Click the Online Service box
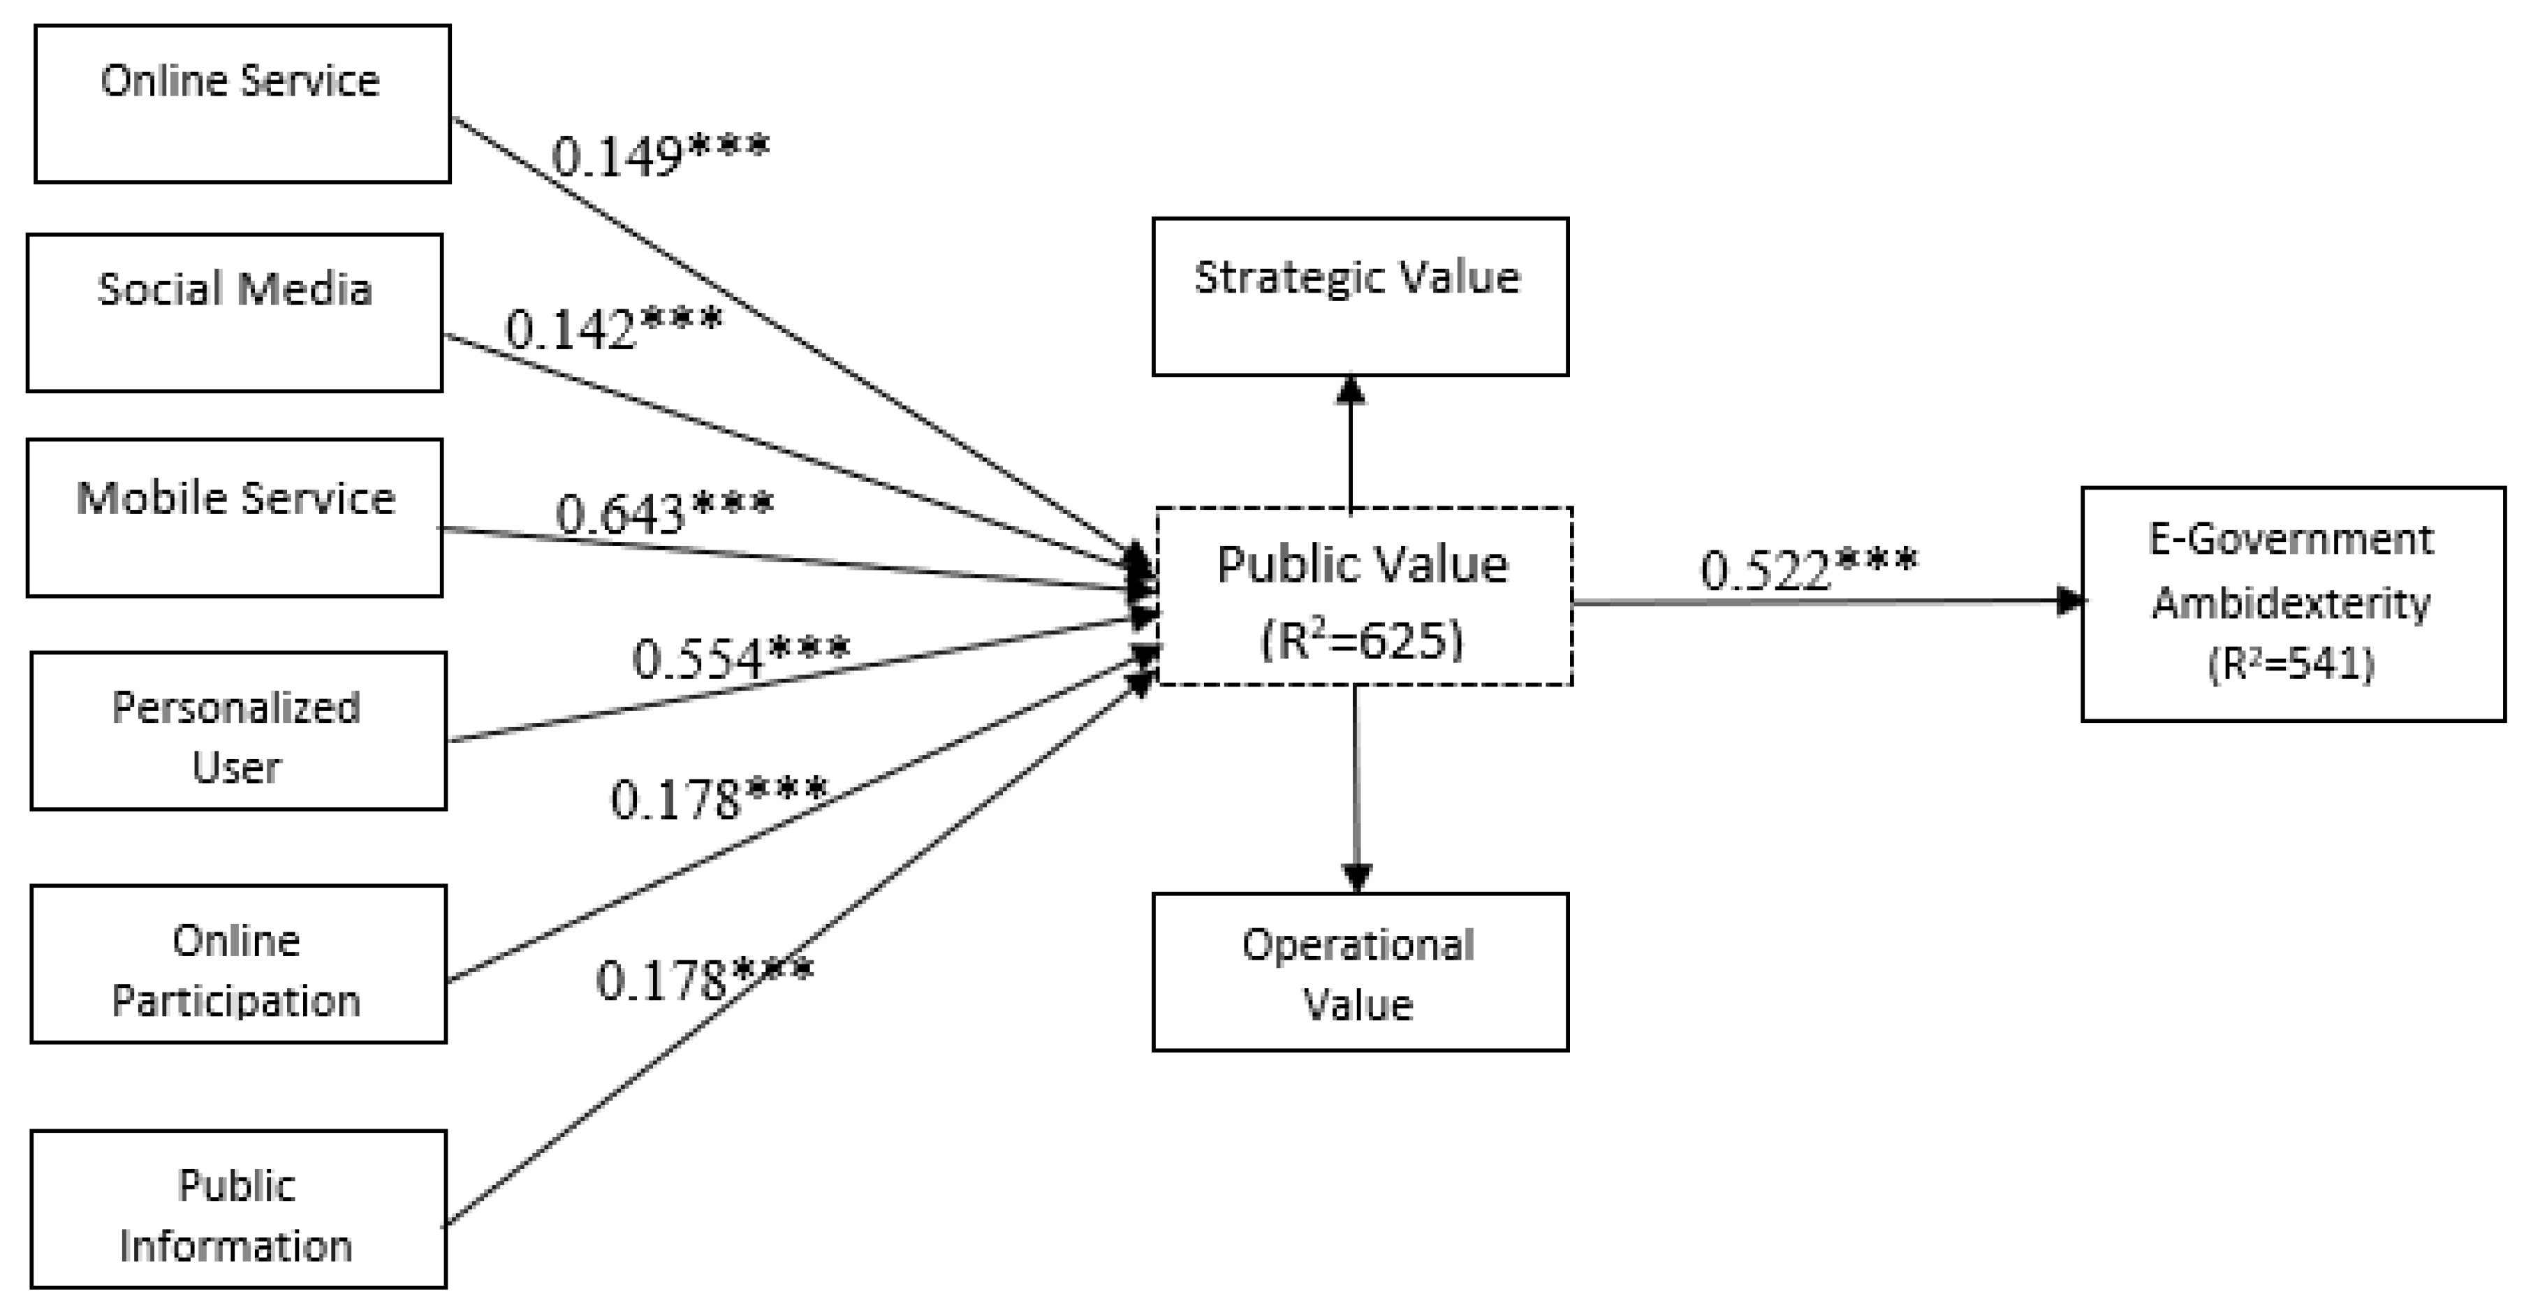242,104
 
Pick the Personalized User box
238,731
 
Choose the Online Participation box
238,964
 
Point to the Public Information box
238,1209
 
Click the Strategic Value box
1360,297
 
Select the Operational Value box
1360,972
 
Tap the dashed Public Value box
1364,596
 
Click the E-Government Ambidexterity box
2293,603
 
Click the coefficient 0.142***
613,328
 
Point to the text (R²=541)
2291,664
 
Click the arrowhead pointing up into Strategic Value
1351,389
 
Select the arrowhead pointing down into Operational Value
1357,878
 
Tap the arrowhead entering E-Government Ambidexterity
2069,601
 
